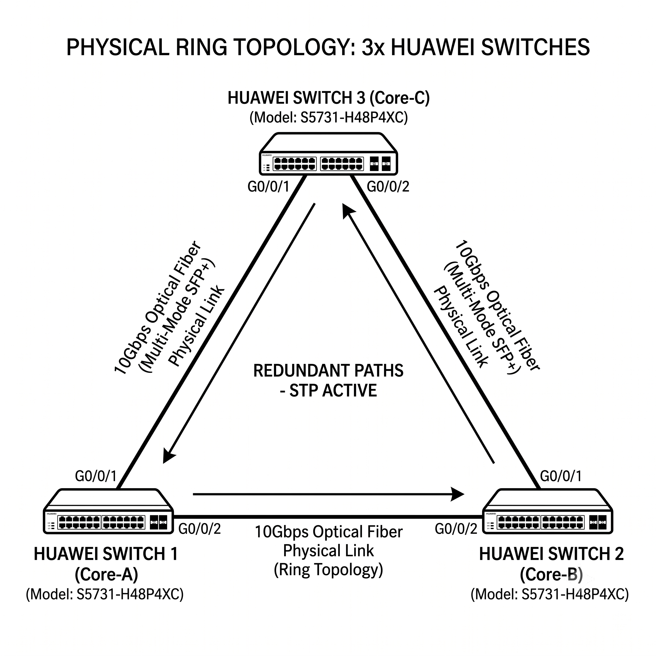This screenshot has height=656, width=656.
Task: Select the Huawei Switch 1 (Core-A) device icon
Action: coord(108,511)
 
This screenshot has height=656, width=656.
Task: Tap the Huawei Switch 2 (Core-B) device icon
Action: coord(547,511)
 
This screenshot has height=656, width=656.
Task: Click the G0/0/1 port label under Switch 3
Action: coord(268,187)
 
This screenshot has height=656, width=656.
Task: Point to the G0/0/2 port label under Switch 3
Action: coord(388,187)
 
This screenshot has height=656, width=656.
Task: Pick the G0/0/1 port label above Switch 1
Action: coord(96,476)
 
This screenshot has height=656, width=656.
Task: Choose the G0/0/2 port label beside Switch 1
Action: coord(200,529)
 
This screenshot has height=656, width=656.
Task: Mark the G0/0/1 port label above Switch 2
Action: coord(561,476)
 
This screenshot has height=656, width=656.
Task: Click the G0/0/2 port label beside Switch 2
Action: coord(456,529)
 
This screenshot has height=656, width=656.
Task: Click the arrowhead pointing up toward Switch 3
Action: coord(348,211)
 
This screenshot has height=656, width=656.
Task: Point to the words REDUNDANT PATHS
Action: coord(328,371)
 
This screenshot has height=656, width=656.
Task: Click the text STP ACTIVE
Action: coord(333,390)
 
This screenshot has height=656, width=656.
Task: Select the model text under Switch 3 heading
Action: coord(328,118)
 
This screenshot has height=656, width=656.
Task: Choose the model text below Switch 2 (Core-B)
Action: coord(550,594)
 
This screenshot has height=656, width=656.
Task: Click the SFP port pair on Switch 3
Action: coord(380,164)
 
